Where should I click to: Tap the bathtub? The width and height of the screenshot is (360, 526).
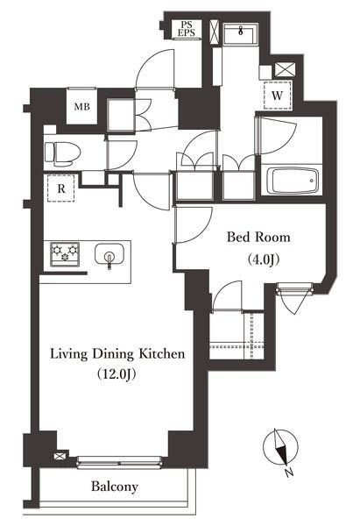click(x=293, y=181)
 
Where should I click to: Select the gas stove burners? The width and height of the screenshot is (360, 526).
click(x=65, y=254)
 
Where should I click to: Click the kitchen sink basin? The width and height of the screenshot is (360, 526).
click(x=109, y=255)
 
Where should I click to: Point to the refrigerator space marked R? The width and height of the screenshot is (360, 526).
click(x=61, y=188)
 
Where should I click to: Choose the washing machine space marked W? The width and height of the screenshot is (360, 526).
click(x=277, y=96)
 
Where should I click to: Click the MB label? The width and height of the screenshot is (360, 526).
click(x=81, y=107)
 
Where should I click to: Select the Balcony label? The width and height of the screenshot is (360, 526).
click(x=114, y=487)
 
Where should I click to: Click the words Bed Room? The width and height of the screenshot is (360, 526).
click(x=258, y=238)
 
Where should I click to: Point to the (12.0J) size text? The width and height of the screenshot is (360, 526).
click(x=116, y=374)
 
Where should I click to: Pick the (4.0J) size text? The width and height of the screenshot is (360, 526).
click(x=264, y=259)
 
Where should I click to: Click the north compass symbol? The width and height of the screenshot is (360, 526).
click(x=280, y=448)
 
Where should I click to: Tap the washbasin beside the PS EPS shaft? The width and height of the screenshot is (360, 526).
click(x=240, y=33)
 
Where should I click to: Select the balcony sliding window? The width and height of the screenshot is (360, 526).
click(x=120, y=462)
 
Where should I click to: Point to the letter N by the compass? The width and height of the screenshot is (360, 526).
click(x=288, y=473)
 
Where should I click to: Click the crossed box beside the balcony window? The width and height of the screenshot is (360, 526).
click(x=59, y=456)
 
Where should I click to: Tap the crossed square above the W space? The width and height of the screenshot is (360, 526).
click(x=285, y=70)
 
